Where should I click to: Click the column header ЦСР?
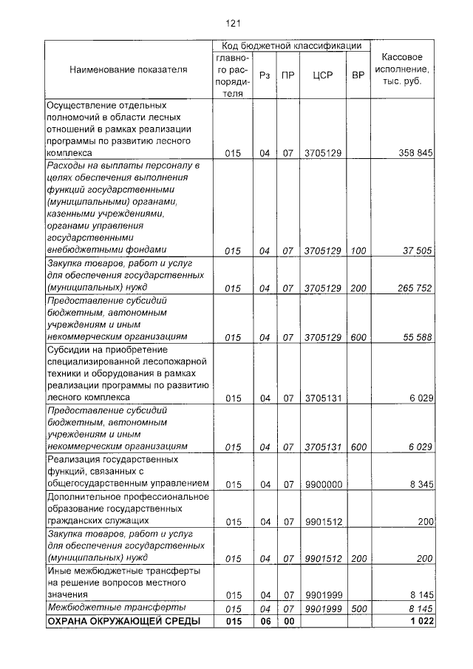click(x=321, y=75)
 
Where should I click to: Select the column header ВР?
click(x=358, y=75)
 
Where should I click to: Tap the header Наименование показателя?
click(x=128, y=69)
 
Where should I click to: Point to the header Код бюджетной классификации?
click(x=292, y=45)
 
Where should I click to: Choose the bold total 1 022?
click(x=420, y=622)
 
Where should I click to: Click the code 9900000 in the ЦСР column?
click(x=322, y=484)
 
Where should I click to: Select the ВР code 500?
click(x=358, y=608)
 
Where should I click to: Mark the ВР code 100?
click(x=358, y=251)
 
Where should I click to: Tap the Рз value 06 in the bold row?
click(x=265, y=622)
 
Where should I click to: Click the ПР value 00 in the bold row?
click(x=287, y=622)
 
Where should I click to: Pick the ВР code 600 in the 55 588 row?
click(x=358, y=337)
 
